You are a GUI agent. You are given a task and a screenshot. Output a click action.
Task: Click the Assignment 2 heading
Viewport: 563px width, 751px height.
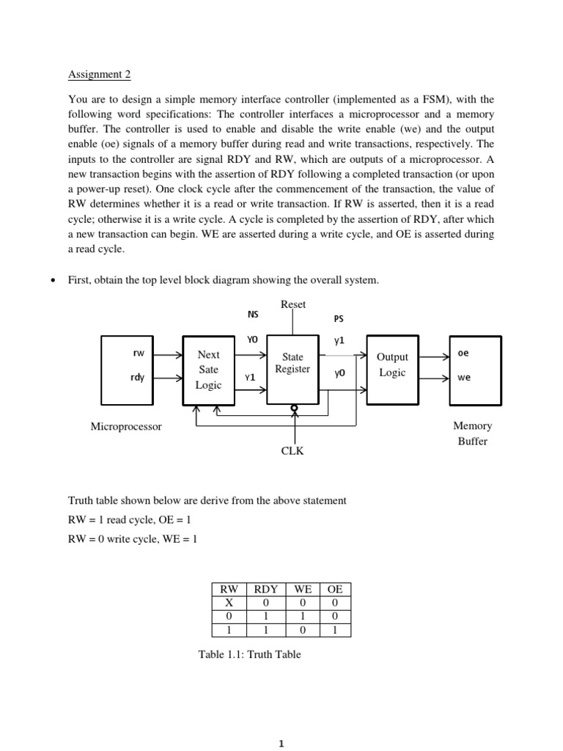point(99,74)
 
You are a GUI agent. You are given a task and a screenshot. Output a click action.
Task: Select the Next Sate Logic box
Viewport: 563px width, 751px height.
point(209,370)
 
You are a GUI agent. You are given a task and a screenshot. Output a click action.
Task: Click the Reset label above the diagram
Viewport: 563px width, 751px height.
point(293,304)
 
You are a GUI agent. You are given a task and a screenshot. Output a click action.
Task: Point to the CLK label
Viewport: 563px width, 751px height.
point(292,452)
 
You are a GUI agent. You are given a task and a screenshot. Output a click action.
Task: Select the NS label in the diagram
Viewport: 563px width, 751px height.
point(253,314)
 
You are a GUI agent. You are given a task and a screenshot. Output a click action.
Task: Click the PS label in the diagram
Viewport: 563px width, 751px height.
point(338,319)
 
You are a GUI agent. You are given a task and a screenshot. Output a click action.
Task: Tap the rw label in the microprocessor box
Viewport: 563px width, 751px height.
point(138,353)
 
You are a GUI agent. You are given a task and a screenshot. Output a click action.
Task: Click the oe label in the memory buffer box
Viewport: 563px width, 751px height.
point(463,353)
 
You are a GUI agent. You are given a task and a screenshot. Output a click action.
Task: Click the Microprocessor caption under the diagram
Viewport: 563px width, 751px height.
point(125,426)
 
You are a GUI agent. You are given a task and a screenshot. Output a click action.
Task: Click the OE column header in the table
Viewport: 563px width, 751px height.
point(334,588)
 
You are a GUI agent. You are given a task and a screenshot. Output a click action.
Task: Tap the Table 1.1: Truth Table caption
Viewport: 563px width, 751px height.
point(250,654)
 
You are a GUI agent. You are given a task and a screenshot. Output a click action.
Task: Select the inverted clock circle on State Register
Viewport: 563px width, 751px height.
point(293,407)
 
